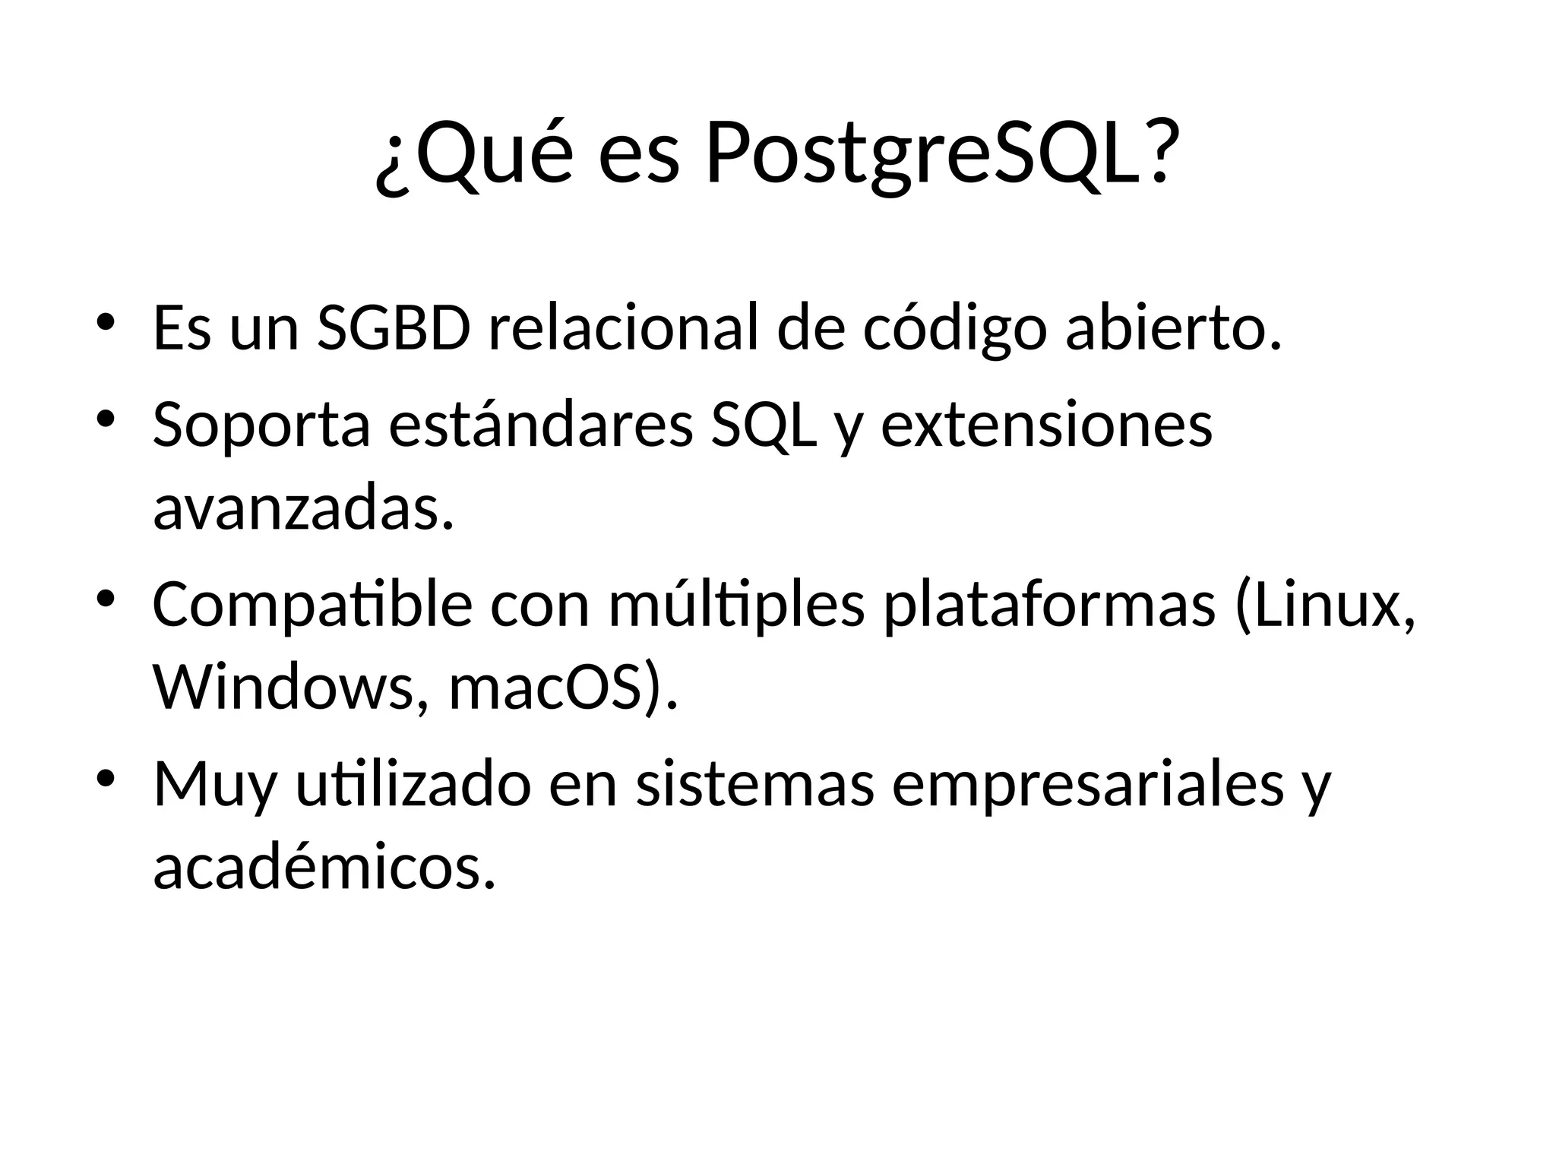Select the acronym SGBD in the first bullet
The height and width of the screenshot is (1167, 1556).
(x=394, y=328)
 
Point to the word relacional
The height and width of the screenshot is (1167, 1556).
(x=623, y=328)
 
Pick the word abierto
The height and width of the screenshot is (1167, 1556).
(x=1174, y=328)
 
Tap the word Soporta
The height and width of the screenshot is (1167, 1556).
(x=261, y=425)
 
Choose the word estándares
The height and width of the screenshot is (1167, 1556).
(x=541, y=425)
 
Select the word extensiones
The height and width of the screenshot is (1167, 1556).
(x=1046, y=425)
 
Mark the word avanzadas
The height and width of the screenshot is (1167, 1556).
(x=303, y=508)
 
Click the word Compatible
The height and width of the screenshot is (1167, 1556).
(x=312, y=605)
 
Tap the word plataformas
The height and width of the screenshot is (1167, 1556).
(x=1049, y=605)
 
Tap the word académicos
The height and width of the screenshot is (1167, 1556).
(x=324, y=868)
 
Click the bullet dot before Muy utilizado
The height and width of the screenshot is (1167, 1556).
(x=106, y=778)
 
